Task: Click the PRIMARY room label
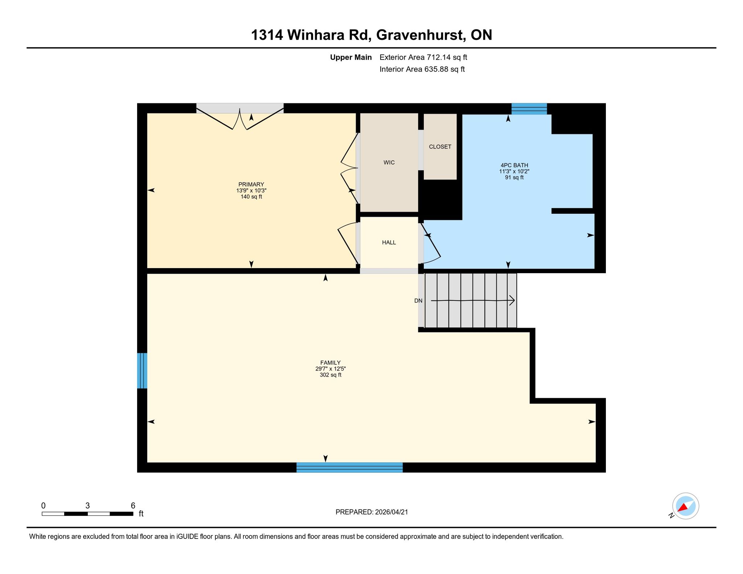click(x=251, y=184)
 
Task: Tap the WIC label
click(x=389, y=163)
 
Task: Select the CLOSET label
click(x=440, y=147)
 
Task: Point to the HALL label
click(x=389, y=242)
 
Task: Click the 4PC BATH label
click(x=514, y=165)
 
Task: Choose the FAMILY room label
click(x=331, y=362)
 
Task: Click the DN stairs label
click(x=418, y=301)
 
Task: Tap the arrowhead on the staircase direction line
click(x=512, y=300)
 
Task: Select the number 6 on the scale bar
click(x=133, y=505)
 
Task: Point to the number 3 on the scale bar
click(x=87, y=505)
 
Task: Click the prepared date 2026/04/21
click(x=391, y=512)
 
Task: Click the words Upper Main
click(x=351, y=57)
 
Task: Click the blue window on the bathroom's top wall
click(x=529, y=108)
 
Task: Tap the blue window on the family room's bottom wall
click(x=349, y=467)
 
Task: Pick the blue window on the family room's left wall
click(x=142, y=370)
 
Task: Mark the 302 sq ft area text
click(x=331, y=375)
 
